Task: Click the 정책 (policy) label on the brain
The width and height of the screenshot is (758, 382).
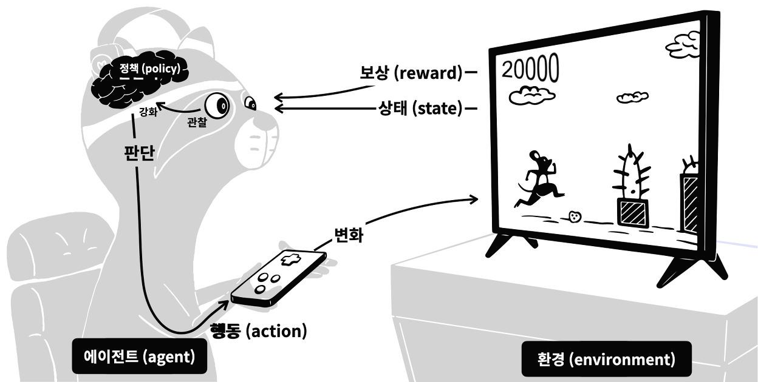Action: [149, 69]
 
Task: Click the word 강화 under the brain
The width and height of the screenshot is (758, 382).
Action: [148, 113]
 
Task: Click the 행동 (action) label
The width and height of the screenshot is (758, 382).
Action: [258, 331]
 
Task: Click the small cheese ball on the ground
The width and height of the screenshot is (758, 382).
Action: [575, 216]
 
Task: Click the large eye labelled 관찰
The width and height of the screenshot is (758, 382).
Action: [216, 107]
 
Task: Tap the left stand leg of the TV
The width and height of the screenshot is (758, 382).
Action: [510, 245]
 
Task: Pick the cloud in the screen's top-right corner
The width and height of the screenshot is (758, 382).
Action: [683, 44]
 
